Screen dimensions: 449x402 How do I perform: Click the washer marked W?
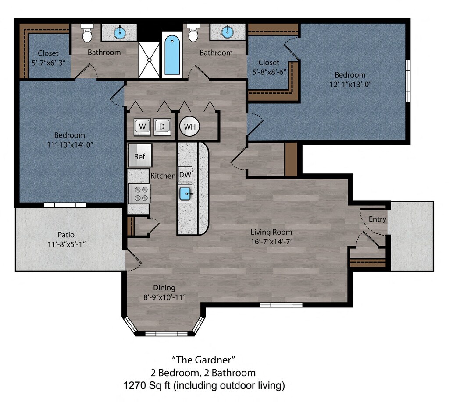tap(143, 127)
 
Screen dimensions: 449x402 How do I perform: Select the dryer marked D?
tap(162, 127)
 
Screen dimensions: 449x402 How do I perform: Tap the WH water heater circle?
tap(189, 127)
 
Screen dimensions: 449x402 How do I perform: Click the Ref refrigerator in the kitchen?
tap(140, 155)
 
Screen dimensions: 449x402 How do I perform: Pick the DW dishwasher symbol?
tap(185, 174)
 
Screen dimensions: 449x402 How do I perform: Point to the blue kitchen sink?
tap(185, 194)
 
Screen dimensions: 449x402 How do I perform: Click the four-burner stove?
tap(139, 194)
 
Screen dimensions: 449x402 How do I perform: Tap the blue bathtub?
tap(172, 55)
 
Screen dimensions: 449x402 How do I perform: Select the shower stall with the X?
tap(149, 60)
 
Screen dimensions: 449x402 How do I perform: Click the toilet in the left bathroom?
tap(87, 33)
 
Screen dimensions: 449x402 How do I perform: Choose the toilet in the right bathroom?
tap(193, 33)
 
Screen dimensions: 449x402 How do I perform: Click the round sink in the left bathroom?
tap(120, 32)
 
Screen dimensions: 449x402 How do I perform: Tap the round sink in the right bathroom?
tap(228, 32)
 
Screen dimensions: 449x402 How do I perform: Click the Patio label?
tap(66, 235)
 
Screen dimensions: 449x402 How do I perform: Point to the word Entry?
tap(378, 219)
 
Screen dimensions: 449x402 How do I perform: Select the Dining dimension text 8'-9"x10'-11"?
tap(164, 297)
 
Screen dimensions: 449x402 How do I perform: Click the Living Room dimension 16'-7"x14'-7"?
tap(271, 242)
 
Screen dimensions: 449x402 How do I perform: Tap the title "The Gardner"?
tap(203, 360)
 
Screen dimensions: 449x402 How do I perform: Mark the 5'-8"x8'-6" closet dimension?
tap(269, 72)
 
